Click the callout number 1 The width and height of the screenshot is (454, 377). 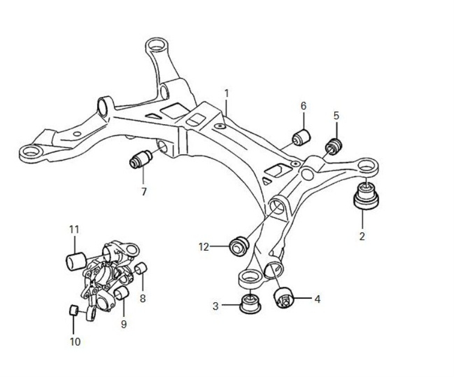[226, 92]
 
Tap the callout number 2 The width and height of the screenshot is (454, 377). [362, 236]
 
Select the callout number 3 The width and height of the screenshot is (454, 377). [216, 306]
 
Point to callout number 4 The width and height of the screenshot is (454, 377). [317, 299]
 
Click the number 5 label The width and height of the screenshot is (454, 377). [336, 116]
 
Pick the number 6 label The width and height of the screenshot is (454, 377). [303, 106]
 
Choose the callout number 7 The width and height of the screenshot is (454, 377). [144, 192]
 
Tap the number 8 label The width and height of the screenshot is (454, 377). [142, 297]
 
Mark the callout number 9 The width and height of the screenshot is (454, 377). [123, 324]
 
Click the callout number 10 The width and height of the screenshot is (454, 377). [75, 342]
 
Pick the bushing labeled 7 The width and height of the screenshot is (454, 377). [140, 159]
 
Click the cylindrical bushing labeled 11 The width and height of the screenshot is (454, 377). [75, 261]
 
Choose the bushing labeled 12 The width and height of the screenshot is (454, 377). [238, 245]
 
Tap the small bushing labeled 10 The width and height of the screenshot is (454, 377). [73, 310]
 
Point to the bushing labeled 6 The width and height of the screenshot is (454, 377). [301, 137]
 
